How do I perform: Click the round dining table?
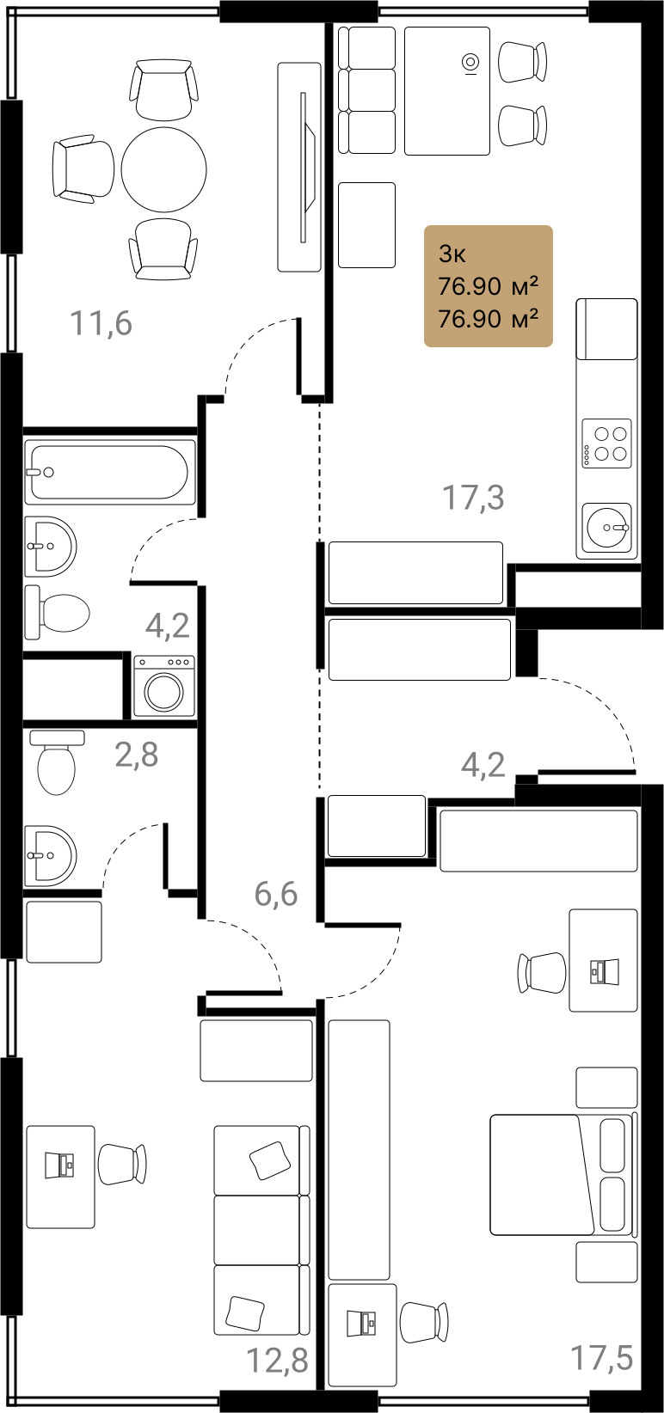[x=164, y=169]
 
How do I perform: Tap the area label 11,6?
[x=101, y=323]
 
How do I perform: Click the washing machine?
[x=164, y=687]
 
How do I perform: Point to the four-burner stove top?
[x=606, y=443]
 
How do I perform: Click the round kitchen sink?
[x=606, y=528]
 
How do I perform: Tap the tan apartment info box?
[x=489, y=285]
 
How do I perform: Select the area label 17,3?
[x=473, y=497]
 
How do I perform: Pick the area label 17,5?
[x=601, y=1357]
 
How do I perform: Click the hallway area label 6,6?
[x=276, y=894]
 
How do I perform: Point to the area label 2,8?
[x=137, y=755]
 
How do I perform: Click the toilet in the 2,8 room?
[x=57, y=762]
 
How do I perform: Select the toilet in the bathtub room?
[x=57, y=612]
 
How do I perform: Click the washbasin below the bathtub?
[x=51, y=547]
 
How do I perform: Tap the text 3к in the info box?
[x=452, y=254]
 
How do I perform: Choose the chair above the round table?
[x=163, y=89]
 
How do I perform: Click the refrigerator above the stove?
[x=606, y=328]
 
